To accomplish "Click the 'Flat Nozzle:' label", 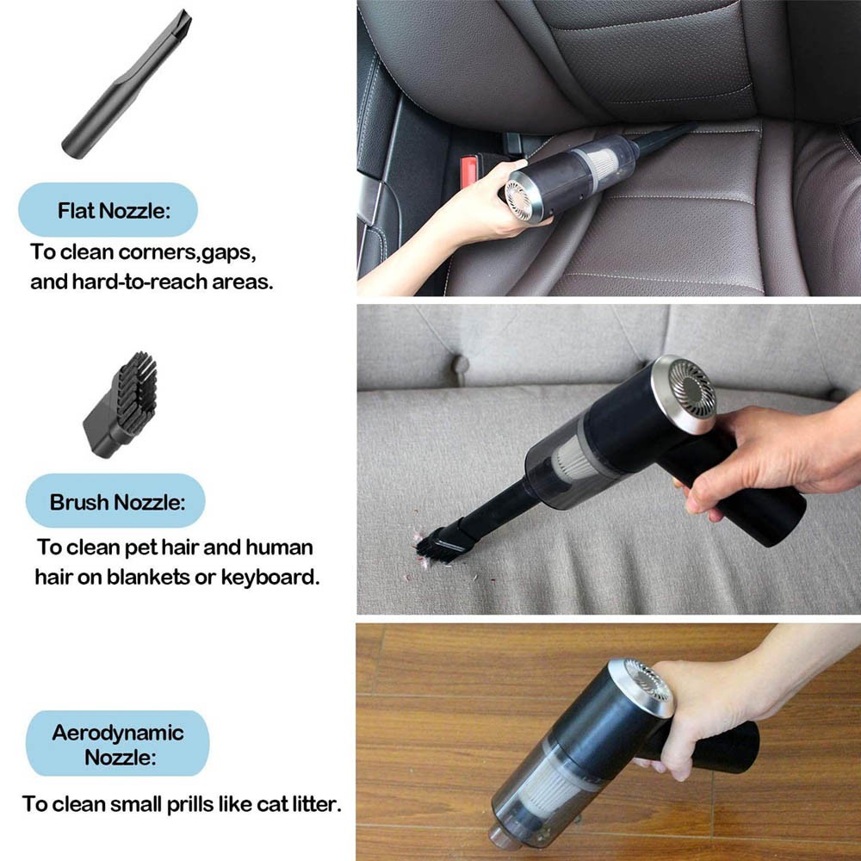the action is (x=114, y=210).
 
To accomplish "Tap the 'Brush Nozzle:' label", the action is (x=117, y=502).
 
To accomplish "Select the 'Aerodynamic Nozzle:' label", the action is (x=118, y=745).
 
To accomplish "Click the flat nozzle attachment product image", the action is (x=127, y=84).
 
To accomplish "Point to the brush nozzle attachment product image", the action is (x=121, y=405).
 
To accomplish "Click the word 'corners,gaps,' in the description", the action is (x=187, y=252).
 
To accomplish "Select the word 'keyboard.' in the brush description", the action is (x=269, y=577).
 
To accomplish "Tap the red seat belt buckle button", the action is (x=468, y=172).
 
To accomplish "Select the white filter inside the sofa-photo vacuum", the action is (x=573, y=460).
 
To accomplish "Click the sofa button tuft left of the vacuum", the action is (x=460, y=364).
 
